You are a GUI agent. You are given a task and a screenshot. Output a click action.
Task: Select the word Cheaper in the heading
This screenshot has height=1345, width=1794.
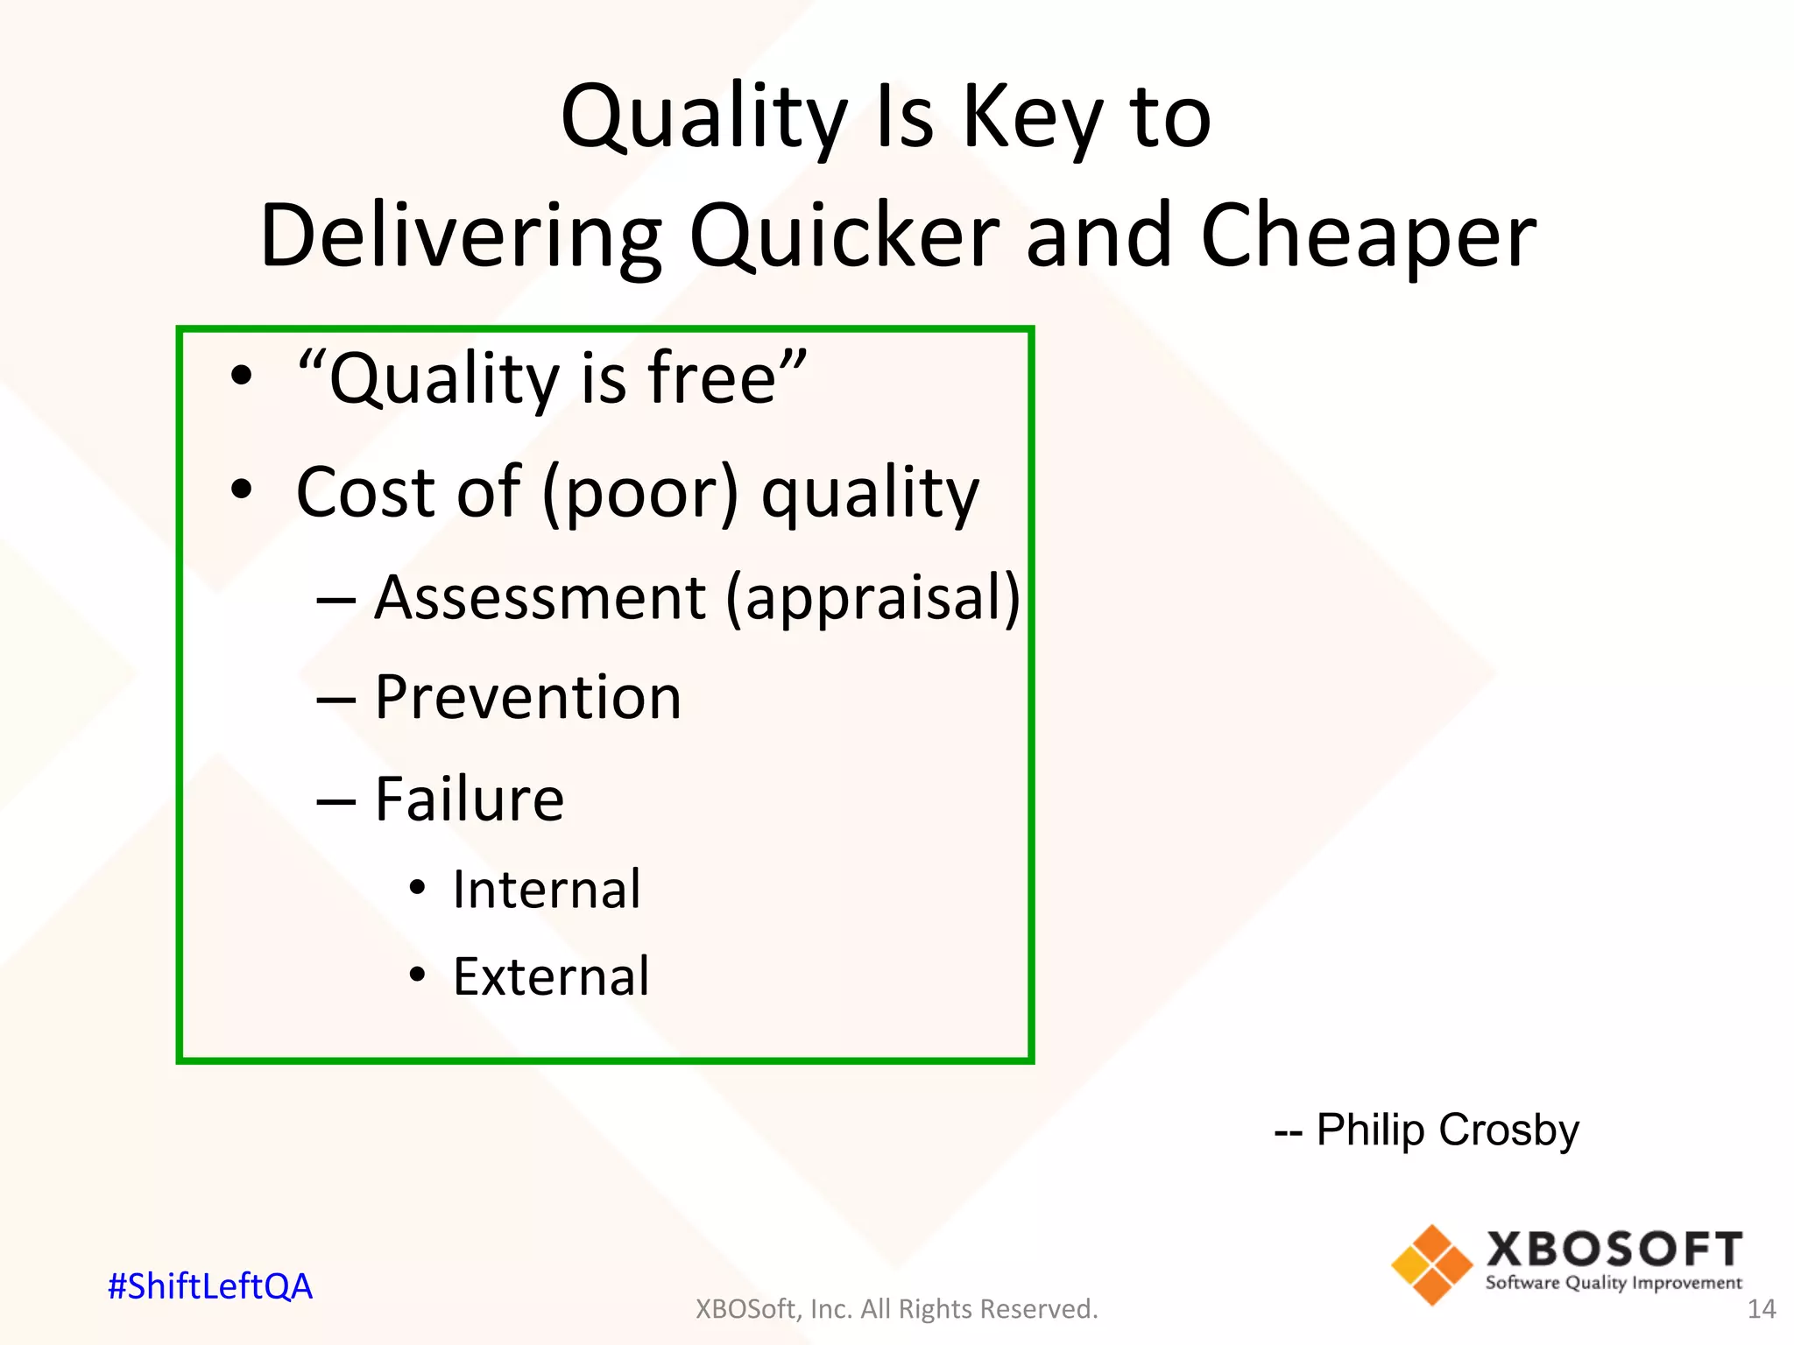[1368, 236]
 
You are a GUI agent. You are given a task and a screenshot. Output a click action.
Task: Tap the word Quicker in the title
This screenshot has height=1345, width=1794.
[844, 236]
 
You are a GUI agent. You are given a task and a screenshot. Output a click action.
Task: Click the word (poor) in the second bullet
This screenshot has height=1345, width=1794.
[640, 493]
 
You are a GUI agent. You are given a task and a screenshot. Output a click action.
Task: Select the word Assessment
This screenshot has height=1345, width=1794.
[540, 598]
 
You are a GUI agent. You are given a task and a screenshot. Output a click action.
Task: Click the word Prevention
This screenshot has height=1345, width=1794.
[527, 698]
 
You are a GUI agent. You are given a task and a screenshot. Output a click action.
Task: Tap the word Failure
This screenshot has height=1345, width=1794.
[470, 799]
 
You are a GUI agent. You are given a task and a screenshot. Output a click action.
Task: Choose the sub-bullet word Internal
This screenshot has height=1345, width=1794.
[547, 890]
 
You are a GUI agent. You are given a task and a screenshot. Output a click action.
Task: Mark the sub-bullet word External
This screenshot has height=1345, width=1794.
[551, 976]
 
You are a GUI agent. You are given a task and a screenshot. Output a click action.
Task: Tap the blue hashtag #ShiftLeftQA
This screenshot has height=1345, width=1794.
[210, 1286]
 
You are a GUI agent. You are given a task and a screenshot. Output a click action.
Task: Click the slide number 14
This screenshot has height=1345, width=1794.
[1761, 1309]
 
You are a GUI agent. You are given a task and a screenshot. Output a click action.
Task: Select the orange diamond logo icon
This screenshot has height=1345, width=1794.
[1431, 1264]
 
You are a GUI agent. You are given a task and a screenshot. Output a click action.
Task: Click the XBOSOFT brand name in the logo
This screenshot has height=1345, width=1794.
[1614, 1250]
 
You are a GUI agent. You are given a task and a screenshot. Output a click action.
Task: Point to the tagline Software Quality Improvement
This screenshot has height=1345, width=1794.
[1614, 1283]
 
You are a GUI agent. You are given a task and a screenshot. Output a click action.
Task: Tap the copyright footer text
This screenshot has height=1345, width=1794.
[896, 1309]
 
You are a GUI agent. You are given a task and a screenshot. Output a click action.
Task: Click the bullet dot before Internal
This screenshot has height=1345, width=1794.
[418, 889]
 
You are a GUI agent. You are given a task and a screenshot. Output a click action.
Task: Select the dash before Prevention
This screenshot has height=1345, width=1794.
[336, 700]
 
